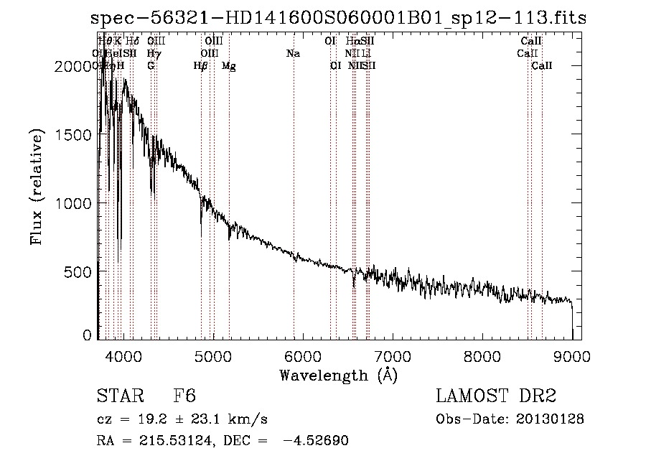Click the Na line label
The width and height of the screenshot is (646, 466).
click(x=293, y=53)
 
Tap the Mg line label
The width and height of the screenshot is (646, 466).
click(x=228, y=66)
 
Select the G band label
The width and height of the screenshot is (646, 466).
click(x=151, y=65)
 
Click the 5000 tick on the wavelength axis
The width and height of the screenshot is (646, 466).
click(x=212, y=356)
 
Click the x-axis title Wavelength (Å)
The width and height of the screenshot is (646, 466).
click(x=337, y=375)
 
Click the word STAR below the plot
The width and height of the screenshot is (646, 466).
click(x=118, y=396)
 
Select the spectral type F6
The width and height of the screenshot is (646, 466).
click(x=184, y=396)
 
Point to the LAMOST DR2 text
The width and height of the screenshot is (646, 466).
click(x=496, y=396)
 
